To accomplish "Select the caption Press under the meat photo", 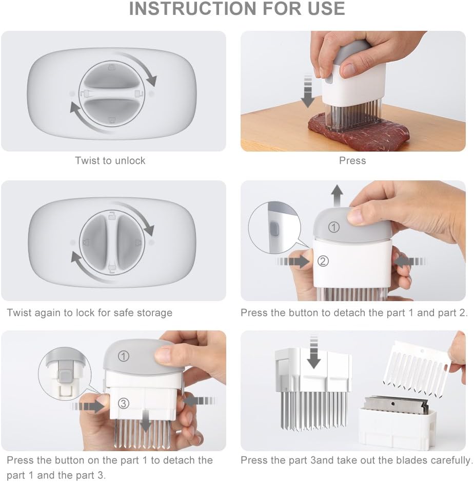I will pos(352,161).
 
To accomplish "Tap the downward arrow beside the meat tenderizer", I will pos(307,91).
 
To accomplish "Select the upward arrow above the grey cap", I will pos(337,195).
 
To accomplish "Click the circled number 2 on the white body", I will pos(323,261).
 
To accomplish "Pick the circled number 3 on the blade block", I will pos(123,403).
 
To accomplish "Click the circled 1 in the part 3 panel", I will pos(123,355).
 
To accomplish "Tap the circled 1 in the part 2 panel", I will pos(334,227).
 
